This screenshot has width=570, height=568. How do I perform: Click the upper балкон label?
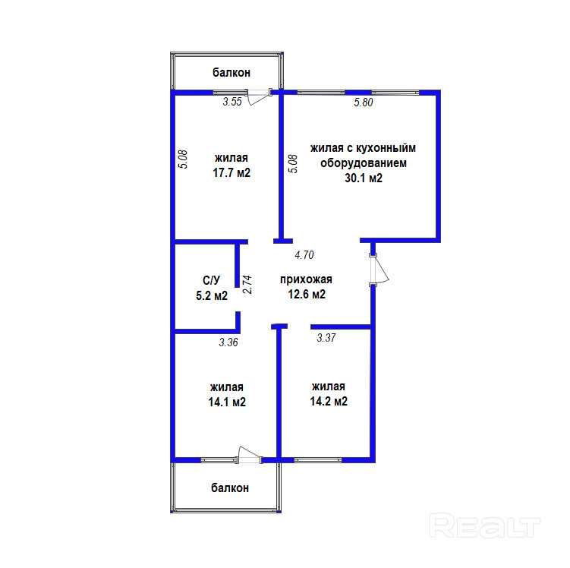click(231, 73)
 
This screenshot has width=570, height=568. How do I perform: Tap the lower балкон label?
click(230, 488)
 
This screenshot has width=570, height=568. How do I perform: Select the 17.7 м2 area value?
click(231, 173)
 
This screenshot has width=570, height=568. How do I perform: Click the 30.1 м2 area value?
click(364, 178)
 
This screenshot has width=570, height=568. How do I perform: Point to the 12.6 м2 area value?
click(307, 295)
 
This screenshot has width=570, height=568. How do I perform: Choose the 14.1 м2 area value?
click(227, 402)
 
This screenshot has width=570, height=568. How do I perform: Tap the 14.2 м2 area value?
click(329, 402)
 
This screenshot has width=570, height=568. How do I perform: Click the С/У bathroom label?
click(212, 281)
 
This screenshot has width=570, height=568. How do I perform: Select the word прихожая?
click(307, 279)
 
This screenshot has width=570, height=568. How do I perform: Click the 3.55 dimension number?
click(231, 102)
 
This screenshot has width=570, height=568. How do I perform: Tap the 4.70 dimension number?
click(304, 255)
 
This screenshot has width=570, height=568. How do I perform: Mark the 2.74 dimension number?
click(247, 284)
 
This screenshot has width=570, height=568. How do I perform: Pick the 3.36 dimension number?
click(228, 342)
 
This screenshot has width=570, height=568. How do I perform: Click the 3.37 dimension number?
click(326, 337)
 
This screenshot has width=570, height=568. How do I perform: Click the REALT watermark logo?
click(485, 525)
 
